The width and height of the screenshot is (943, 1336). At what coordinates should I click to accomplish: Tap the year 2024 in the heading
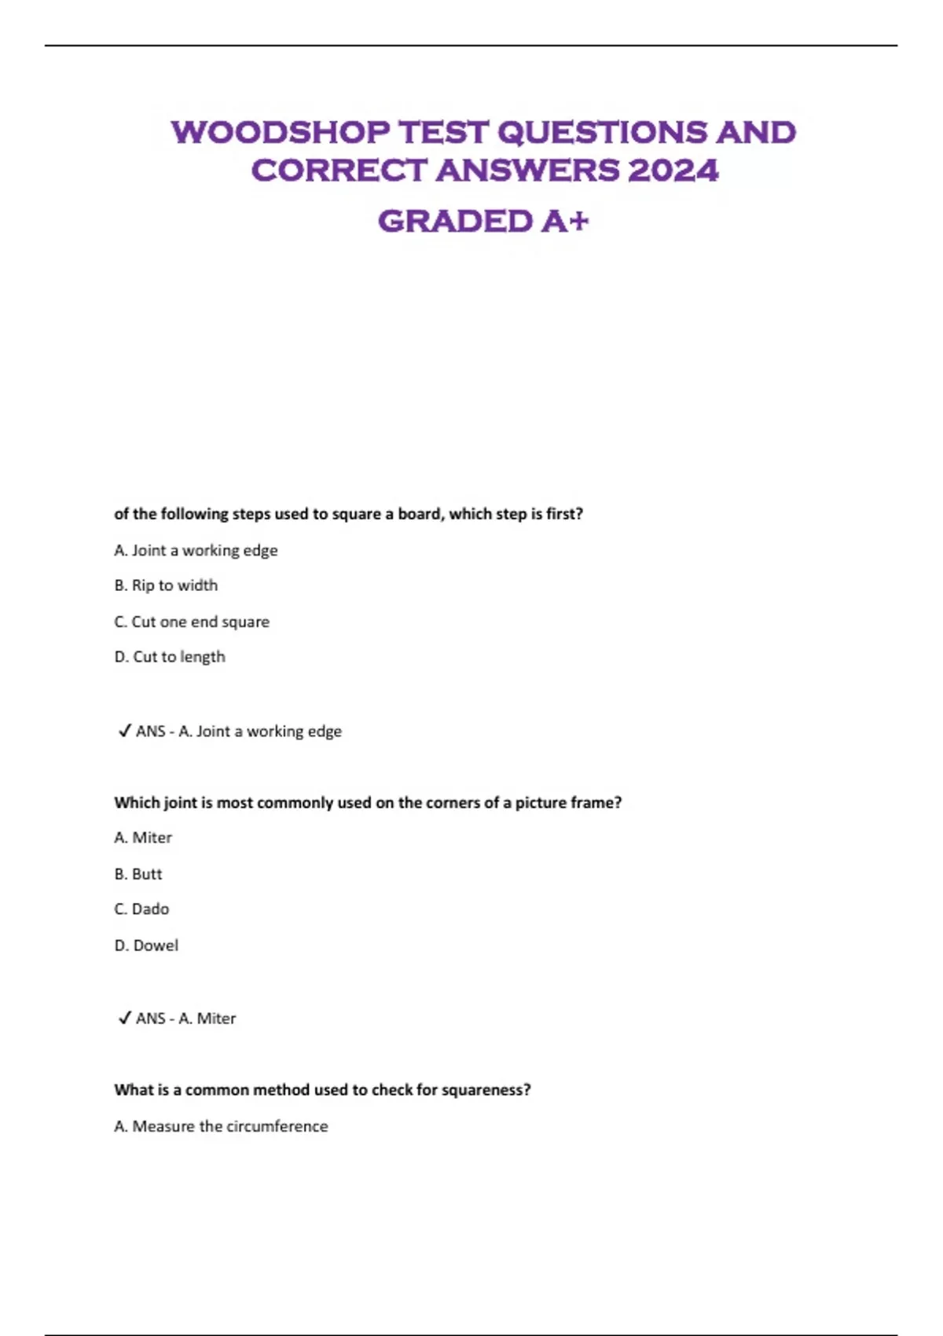point(673,171)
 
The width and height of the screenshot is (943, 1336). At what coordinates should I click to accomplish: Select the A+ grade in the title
point(565,221)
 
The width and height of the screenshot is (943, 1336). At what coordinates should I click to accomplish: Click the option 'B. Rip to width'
point(166,585)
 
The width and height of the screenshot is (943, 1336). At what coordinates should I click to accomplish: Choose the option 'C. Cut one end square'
point(192,622)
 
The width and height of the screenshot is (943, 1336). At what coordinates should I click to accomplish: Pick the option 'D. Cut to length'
point(170,657)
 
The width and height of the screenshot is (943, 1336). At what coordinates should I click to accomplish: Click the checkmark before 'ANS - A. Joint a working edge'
point(124,731)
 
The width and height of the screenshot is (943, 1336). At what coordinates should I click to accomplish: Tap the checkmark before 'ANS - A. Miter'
point(124,1018)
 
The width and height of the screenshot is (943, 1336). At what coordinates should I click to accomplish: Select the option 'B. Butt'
point(138,874)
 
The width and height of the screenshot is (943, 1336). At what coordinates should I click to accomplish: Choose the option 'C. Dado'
point(141,909)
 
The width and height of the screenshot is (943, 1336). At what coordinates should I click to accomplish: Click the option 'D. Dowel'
point(146,945)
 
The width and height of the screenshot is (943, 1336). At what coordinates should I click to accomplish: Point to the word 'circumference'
point(277,1126)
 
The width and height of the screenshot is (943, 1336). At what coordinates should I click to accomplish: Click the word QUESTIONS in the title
point(603,132)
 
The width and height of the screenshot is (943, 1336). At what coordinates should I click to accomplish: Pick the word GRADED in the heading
point(455,221)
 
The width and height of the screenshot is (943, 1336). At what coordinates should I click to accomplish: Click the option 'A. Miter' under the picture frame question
point(143,838)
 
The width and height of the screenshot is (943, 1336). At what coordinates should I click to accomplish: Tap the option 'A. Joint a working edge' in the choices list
point(196,550)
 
